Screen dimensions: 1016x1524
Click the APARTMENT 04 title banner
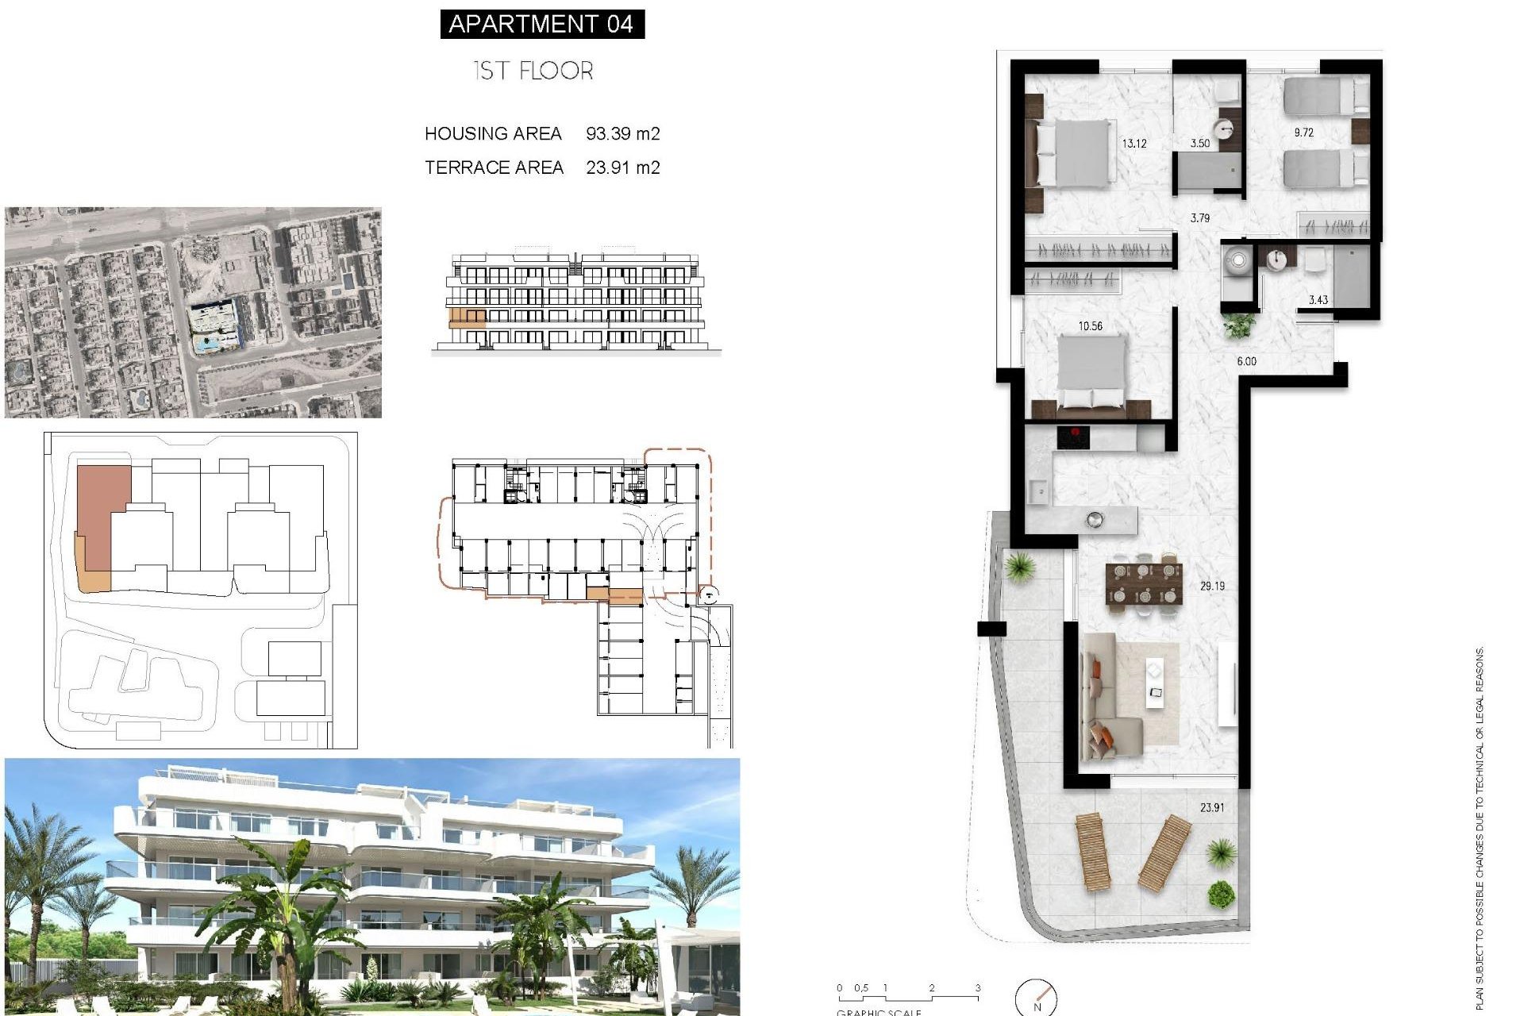541,24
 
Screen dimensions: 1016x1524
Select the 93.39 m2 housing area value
622,133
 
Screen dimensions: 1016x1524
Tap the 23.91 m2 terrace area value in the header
622,167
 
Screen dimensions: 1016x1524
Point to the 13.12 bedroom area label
1133,144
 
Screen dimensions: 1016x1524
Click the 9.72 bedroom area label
1303,133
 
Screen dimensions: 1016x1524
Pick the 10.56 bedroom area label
1090,325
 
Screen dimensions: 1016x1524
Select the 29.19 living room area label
1212,586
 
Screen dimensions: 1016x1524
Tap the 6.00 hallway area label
1246,361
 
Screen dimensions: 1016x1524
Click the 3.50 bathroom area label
1200,144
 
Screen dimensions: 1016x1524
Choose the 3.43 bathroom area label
1318,299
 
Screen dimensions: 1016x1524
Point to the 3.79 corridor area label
1199,217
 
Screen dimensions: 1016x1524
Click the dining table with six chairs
1144,583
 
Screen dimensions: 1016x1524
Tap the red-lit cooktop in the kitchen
1072,437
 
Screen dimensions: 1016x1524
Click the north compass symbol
1037,998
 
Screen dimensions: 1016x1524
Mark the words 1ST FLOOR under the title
533,71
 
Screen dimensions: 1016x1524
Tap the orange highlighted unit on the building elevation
468,319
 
